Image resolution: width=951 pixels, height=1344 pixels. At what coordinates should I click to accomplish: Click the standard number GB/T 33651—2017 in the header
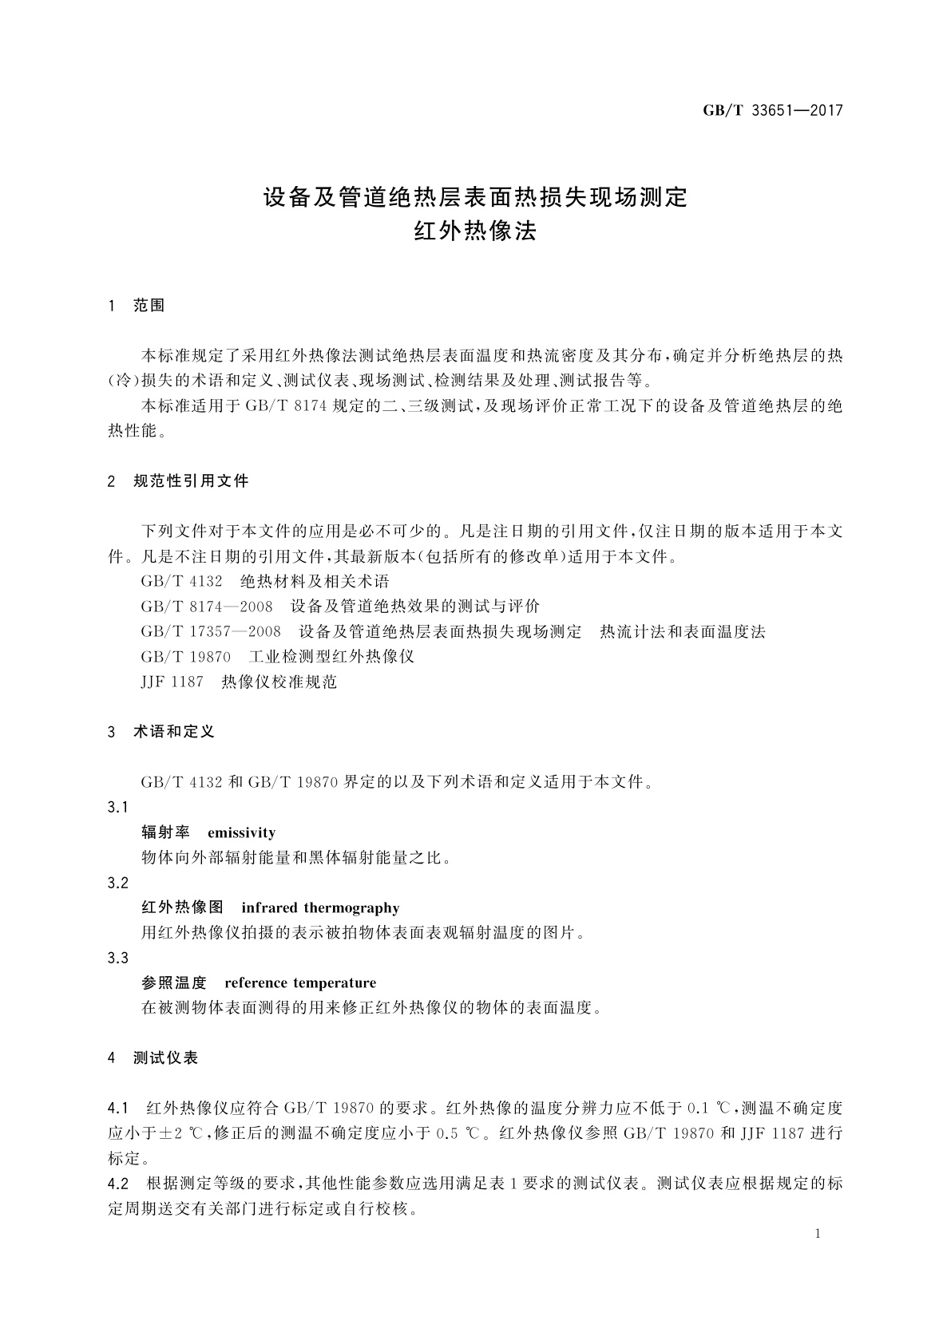[772, 111]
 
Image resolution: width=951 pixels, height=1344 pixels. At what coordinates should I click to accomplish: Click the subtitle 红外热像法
[475, 231]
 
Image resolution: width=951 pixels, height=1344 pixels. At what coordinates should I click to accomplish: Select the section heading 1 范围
[137, 306]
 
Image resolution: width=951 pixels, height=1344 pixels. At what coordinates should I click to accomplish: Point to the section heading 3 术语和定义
[161, 732]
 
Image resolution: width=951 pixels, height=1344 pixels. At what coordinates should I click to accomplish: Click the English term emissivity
[241, 833]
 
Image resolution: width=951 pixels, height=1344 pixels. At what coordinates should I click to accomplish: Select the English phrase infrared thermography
[320, 908]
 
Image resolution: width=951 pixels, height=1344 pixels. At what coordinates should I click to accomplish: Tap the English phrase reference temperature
[300, 983]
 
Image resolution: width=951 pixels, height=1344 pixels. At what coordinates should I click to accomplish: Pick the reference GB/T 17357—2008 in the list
[211, 632]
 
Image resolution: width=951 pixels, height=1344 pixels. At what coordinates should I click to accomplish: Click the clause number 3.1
[118, 808]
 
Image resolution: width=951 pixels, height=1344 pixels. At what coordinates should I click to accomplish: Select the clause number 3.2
[118, 883]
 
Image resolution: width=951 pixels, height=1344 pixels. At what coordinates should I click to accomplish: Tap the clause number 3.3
[118, 958]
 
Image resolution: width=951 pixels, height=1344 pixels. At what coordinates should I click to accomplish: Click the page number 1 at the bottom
[818, 1235]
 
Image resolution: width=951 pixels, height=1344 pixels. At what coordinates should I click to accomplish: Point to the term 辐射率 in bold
[165, 833]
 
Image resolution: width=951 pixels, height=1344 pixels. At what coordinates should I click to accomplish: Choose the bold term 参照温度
[174, 983]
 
